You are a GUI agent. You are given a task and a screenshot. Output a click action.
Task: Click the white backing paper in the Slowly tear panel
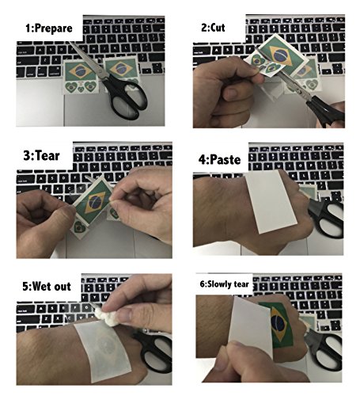tap(232, 341)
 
